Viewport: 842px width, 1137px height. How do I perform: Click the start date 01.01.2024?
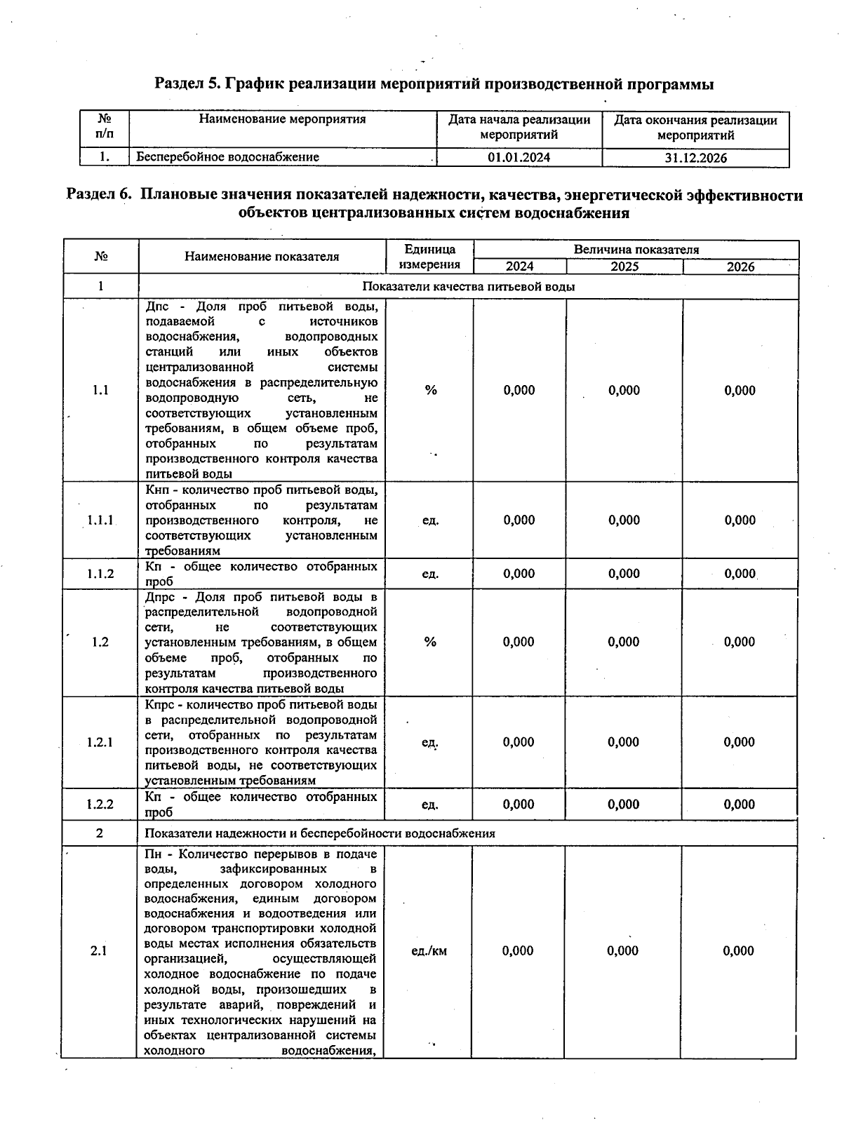pyautogui.click(x=519, y=157)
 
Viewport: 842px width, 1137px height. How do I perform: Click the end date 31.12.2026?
pyautogui.click(x=695, y=158)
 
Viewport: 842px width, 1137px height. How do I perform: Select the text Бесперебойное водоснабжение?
pyautogui.click(x=227, y=157)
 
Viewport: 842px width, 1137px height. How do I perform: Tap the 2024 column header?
pyautogui.click(x=519, y=267)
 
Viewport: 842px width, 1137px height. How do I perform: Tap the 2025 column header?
pyautogui.click(x=624, y=267)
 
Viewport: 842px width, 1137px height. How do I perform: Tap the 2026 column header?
pyautogui.click(x=740, y=267)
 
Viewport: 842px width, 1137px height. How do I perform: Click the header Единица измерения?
pyautogui.click(x=429, y=257)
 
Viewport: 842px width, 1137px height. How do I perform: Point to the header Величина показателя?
pyautogui.click(x=636, y=249)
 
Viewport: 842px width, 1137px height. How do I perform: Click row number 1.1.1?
pyautogui.click(x=100, y=520)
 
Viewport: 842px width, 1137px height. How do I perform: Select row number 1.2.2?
pyautogui.click(x=100, y=805)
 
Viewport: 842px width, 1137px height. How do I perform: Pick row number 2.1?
pyautogui.click(x=99, y=951)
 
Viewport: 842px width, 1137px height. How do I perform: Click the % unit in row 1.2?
pyautogui.click(x=430, y=642)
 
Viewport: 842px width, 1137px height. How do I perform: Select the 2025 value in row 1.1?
pyautogui.click(x=624, y=391)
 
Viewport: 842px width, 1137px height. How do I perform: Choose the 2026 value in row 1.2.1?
pyautogui.click(x=739, y=742)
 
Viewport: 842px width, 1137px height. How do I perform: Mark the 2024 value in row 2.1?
pyautogui.click(x=518, y=951)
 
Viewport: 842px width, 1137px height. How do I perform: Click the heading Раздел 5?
pyautogui.click(x=434, y=85)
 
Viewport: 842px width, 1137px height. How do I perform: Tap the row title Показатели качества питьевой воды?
pyautogui.click(x=468, y=286)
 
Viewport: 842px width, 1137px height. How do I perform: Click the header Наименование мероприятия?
pyautogui.click(x=282, y=119)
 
